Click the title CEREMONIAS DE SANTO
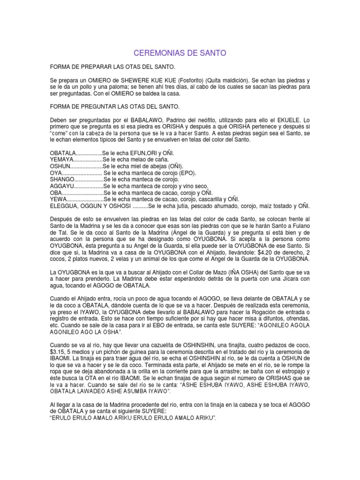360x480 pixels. (180, 53)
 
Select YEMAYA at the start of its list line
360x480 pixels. (63, 160)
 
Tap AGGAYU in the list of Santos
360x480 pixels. (63, 186)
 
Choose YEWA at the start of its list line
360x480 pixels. (59, 199)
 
